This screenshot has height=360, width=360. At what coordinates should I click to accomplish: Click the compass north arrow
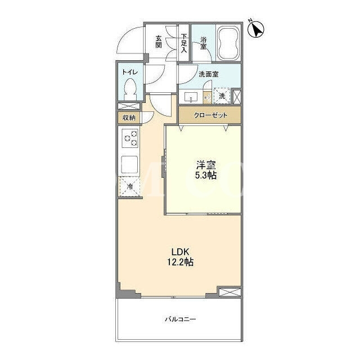(256, 29)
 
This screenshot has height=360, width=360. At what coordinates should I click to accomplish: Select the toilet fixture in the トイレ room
(130, 89)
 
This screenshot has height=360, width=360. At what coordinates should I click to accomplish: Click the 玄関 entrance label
(159, 42)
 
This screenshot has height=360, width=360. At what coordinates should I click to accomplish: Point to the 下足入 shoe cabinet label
(184, 43)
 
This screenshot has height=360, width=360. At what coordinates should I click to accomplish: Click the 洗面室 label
(209, 74)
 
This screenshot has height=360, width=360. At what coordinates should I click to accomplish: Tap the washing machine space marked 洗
(222, 96)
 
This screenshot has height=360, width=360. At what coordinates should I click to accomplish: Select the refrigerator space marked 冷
(130, 186)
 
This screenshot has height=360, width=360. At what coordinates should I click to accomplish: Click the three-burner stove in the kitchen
(130, 138)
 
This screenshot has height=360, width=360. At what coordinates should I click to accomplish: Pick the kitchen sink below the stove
(130, 165)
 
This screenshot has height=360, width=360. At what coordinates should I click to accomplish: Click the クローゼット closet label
(210, 115)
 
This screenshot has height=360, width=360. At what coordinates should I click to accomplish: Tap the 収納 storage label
(129, 118)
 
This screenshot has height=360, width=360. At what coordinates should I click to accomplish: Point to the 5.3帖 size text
(206, 175)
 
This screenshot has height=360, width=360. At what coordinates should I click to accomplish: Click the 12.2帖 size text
(180, 262)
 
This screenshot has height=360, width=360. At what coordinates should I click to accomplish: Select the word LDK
(181, 252)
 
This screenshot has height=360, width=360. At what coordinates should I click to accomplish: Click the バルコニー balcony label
(181, 319)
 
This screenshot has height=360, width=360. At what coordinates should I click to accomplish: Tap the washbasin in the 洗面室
(191, 97)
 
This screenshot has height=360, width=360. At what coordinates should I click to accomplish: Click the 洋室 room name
(206, 165)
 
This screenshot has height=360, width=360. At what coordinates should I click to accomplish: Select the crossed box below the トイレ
(129, 106)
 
